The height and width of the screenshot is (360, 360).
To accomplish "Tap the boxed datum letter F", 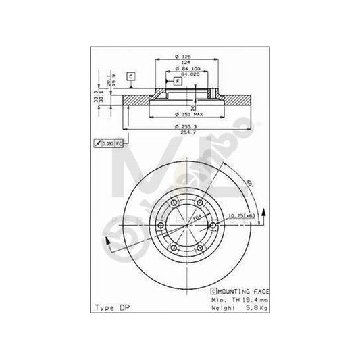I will click(x=178, y=81).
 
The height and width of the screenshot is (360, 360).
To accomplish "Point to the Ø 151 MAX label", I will click(x=180, y=115).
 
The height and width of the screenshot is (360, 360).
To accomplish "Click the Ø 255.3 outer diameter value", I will click(x=180, y=126).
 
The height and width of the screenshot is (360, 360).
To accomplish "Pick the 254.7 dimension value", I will click(x=180, y=132).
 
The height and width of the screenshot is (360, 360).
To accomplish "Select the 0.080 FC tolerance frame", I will click(x=109, y=144).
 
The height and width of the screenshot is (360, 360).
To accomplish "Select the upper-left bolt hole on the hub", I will click(x=172, y=204).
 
